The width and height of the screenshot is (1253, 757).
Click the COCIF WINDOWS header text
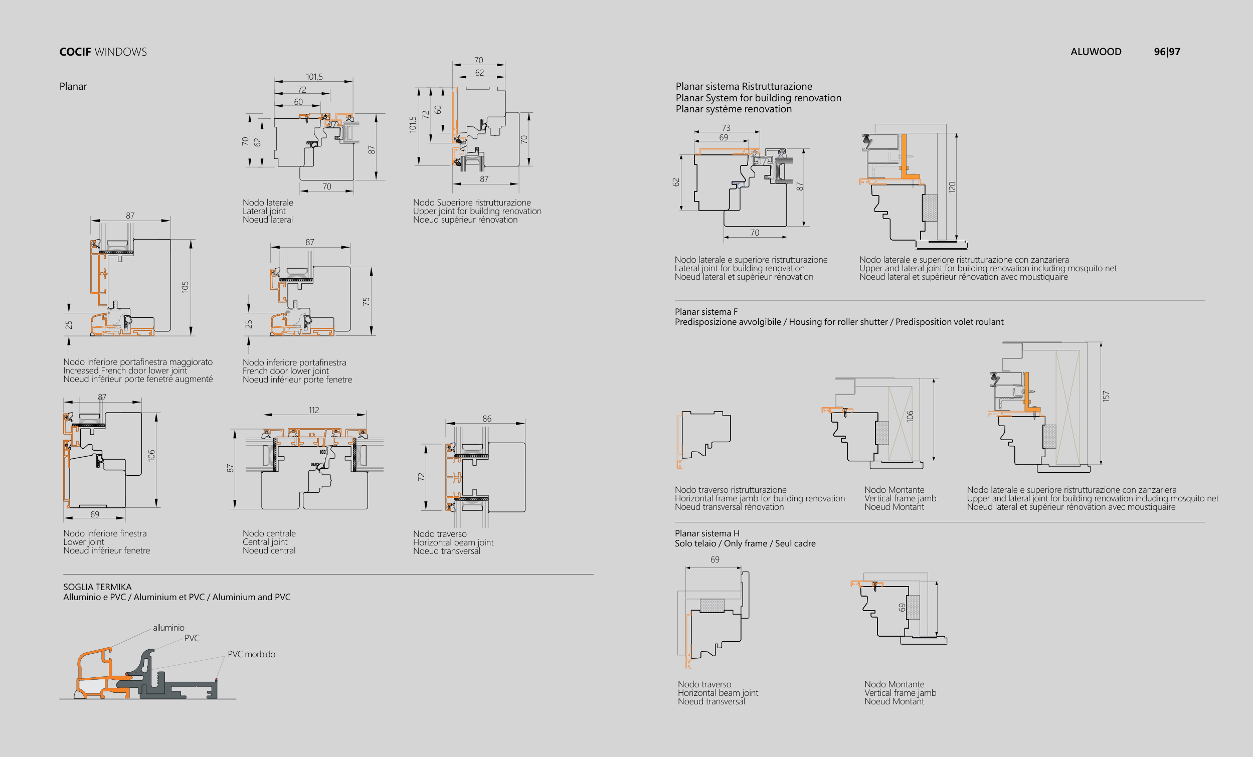click(x=103, y=52)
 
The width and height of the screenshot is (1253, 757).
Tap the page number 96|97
click(x=1167, y=52)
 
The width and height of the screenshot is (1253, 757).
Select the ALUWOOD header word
click(x=1096, y=52)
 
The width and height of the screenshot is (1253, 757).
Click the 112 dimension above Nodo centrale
click(x=314, y=410)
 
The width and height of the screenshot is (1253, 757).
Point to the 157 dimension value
click(x=1106, y=397)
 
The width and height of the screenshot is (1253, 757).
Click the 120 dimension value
click(x=952, y=187)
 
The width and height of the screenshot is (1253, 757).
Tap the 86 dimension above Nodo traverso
click(x=487, y=419)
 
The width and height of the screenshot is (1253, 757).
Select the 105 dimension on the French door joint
click(x=185, y=287)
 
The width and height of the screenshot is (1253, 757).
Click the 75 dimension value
click(x=366, y=301)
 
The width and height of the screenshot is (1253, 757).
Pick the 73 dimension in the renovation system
click(x=726, y=128)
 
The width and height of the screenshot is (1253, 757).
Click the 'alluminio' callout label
click(x=168, y=628)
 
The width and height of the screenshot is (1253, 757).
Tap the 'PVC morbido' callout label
click(x=251, y=654)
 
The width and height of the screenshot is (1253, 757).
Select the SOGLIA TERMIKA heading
click(x=97, y=587)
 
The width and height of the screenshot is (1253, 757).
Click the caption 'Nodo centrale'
click(x=269, y=533)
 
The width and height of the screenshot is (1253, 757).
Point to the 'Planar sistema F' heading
click(x=706, y=312)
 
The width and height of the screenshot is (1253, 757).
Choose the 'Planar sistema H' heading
click(x=707, y=533)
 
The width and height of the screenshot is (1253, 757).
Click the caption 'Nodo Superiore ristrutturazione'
click(x=471, y=203)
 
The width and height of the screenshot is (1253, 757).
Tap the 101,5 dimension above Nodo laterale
click(x=314, y=77)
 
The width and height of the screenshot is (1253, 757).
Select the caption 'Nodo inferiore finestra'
click(x=105, y=533)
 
